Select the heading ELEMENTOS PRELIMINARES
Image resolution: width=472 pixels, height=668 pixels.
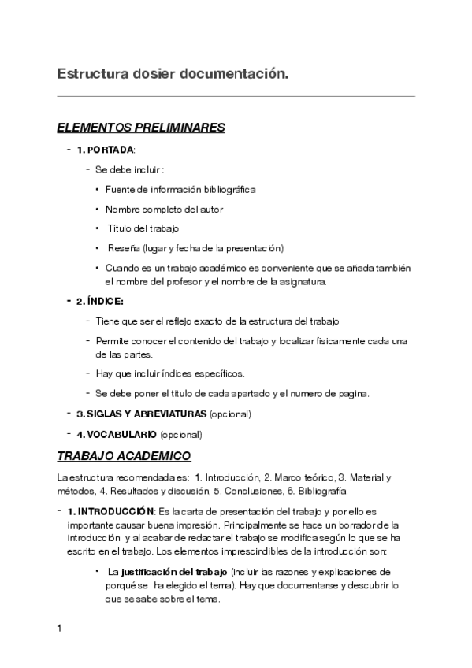click(x=141, y=128)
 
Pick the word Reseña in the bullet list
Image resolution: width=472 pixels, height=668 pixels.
click(x=117, y=248)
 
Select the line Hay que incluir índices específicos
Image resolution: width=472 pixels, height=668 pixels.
click(x=169, y=373)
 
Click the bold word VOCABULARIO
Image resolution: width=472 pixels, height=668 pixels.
click(x=121, y=434)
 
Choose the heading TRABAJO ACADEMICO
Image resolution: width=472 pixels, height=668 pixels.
click(x=125, y=456)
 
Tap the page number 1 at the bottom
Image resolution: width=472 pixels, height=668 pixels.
click(x=60, y=630)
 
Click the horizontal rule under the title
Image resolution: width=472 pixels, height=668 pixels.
click(x=236, y=96)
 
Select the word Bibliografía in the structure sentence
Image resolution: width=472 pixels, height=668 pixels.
click(x=323, y=490)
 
